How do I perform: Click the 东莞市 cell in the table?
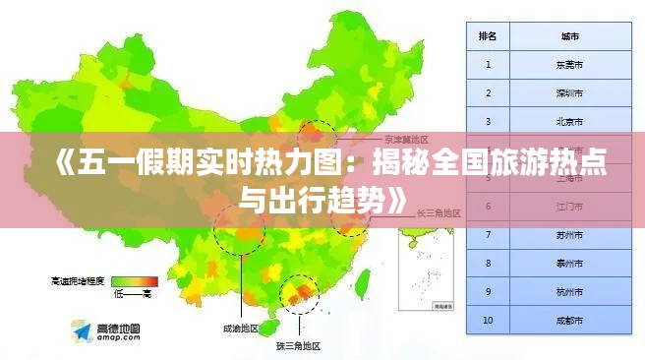click(569, 65)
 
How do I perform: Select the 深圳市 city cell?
click(569, 93)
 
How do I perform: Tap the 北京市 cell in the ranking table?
click(569, 122)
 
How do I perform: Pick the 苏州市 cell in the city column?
click(569, 236)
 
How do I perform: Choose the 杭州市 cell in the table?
click(569, 292)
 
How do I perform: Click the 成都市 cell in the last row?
click(569, 321)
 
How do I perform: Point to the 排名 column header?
click(488, 36)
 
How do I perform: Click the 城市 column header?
click(569, 36)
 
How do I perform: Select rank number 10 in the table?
click(488, 321)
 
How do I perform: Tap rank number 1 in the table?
click(488, 65)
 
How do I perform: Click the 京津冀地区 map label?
click(405, 140)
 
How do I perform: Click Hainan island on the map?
click(276, 324)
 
